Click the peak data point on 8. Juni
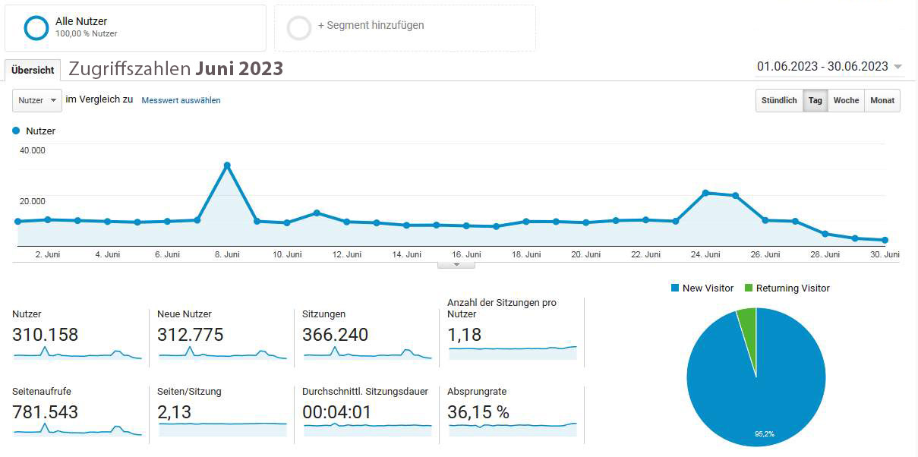pos(227,165)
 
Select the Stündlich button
pos(779,101)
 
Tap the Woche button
pos(846,101)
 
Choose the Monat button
pos(882,101)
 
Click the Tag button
pos(815,101)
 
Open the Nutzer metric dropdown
pos(37,100)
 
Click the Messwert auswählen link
pos(181,100)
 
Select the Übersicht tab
pos(33,70)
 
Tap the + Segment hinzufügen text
pos(371,25)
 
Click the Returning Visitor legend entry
pos(787,288)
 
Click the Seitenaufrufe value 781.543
pos(46,412)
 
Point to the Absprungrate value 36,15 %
pos(478,412)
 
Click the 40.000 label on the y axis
pos(33,150)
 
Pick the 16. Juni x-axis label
pos(466,255)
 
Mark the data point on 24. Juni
pos(705,193)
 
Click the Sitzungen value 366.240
pos(335,335)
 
